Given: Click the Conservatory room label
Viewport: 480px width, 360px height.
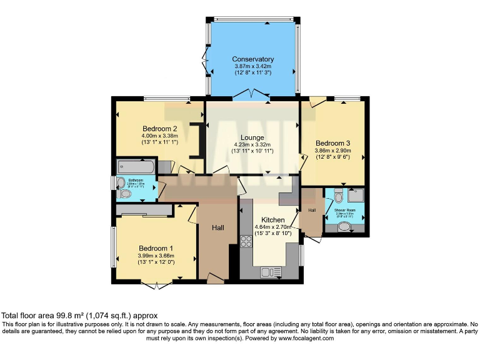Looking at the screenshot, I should [254, 59].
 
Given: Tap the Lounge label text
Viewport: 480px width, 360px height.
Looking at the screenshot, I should [253, 137].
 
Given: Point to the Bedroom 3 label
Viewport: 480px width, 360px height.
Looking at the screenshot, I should [332, 142].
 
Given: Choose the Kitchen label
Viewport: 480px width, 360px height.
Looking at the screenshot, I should [273, 220].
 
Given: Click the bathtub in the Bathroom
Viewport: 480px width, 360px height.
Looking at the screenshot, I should [136, 167].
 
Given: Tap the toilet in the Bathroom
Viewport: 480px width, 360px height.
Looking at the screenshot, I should [124, 194].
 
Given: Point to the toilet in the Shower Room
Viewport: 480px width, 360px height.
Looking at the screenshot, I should [338, 197].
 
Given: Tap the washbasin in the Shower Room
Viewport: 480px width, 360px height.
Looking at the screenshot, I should [344, 228].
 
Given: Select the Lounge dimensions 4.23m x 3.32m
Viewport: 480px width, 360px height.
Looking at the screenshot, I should [253, 144].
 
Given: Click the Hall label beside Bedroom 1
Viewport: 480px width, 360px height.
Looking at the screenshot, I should [218, 226].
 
